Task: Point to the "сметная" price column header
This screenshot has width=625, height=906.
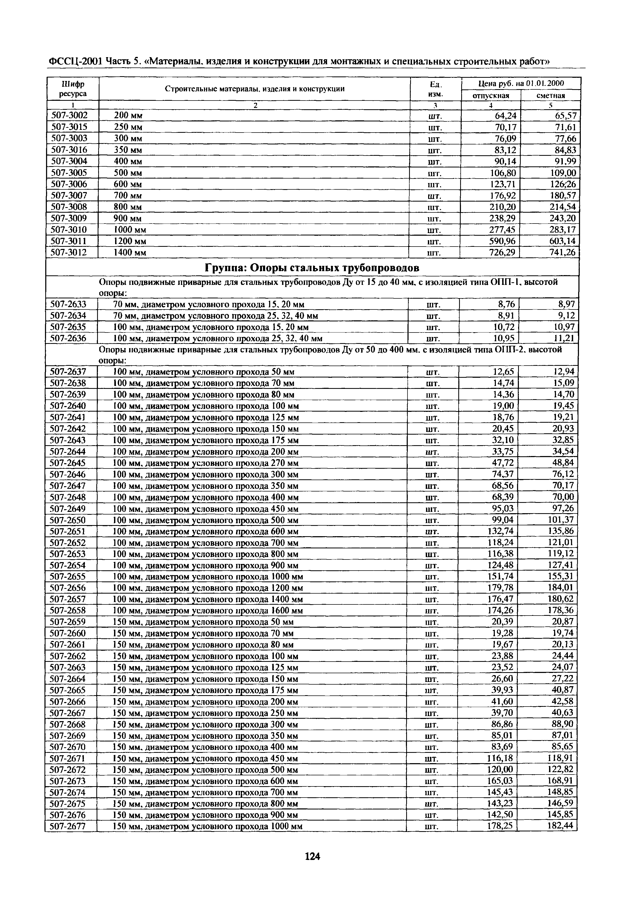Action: tap(551, 95)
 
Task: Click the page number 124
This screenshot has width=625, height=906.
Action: tap(312, 857)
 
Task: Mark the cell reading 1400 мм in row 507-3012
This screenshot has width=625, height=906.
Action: tap(130, 253)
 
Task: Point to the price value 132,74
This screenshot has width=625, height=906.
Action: tap(500, 531)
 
